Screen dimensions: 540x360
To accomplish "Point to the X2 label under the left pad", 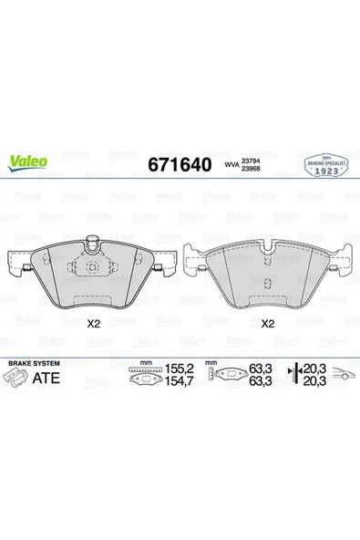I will click(x=92, y=323).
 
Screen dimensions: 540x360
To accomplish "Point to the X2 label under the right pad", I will click(x=268, y=323).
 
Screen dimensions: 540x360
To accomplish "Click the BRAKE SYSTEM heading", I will click(x=32, y=363).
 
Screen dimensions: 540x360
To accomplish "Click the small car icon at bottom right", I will click(x=343, y=374).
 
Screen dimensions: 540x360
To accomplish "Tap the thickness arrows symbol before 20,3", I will click(x=293, y=375).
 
